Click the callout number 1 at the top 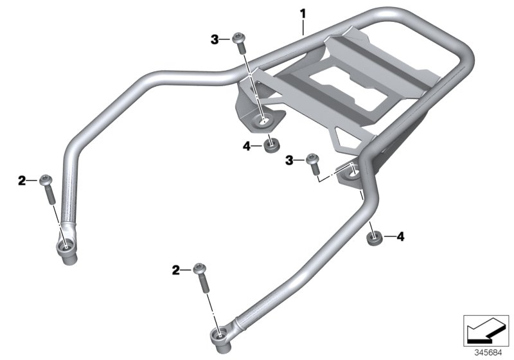pyautogui.click(x=303, y=14)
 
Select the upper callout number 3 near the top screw pyautogui.click(x=215, y=40)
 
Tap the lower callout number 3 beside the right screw pyautogui.click(x=289, y=161)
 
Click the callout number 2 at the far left pyautogui.click(x=22, y=181)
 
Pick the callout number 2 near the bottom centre pyautogui.click(x=176, y=271)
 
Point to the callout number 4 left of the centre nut pyautogui.click(x=247, y=146)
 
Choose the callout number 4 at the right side pyautogui.click(x=400, y=237)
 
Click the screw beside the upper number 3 pyautogui.click(x=240, y=43)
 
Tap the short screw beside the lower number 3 pyautogui.click(x=313, y=164)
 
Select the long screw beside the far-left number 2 pyautogui.click(x=48, y=190)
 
